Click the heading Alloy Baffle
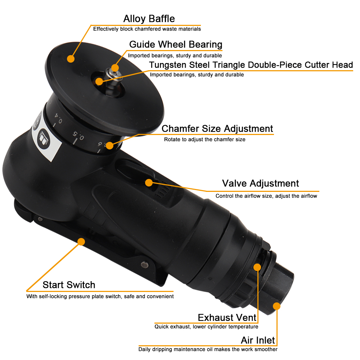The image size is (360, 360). (x=149, y=19)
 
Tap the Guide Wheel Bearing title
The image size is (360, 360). (x=176, y=45)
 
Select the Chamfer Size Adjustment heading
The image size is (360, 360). (x=217, y=129)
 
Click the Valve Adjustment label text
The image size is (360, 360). (x=260, y=184)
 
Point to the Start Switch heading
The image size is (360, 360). (x=69, y=285)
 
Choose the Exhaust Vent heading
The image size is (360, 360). (x=227, y=318)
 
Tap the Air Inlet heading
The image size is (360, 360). (x=258, y=340)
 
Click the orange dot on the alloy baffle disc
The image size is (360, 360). (x=71, y=59)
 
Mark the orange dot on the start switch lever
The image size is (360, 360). (x=81, y=242)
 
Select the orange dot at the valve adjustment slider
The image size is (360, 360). (x=149, y=183)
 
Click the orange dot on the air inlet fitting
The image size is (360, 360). (x=276, y=306)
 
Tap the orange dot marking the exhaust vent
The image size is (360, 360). (x=257, y=267)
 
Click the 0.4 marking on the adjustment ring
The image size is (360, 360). (x=58, y=118)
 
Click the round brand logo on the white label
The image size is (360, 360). (x=44, y=139)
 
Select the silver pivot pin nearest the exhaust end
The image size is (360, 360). (x=144, y=265)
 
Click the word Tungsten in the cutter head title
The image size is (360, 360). (x=168, y=65)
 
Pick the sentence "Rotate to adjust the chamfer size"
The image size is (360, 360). (x=204, y=140)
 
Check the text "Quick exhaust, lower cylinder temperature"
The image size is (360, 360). (x=206, y=327)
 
